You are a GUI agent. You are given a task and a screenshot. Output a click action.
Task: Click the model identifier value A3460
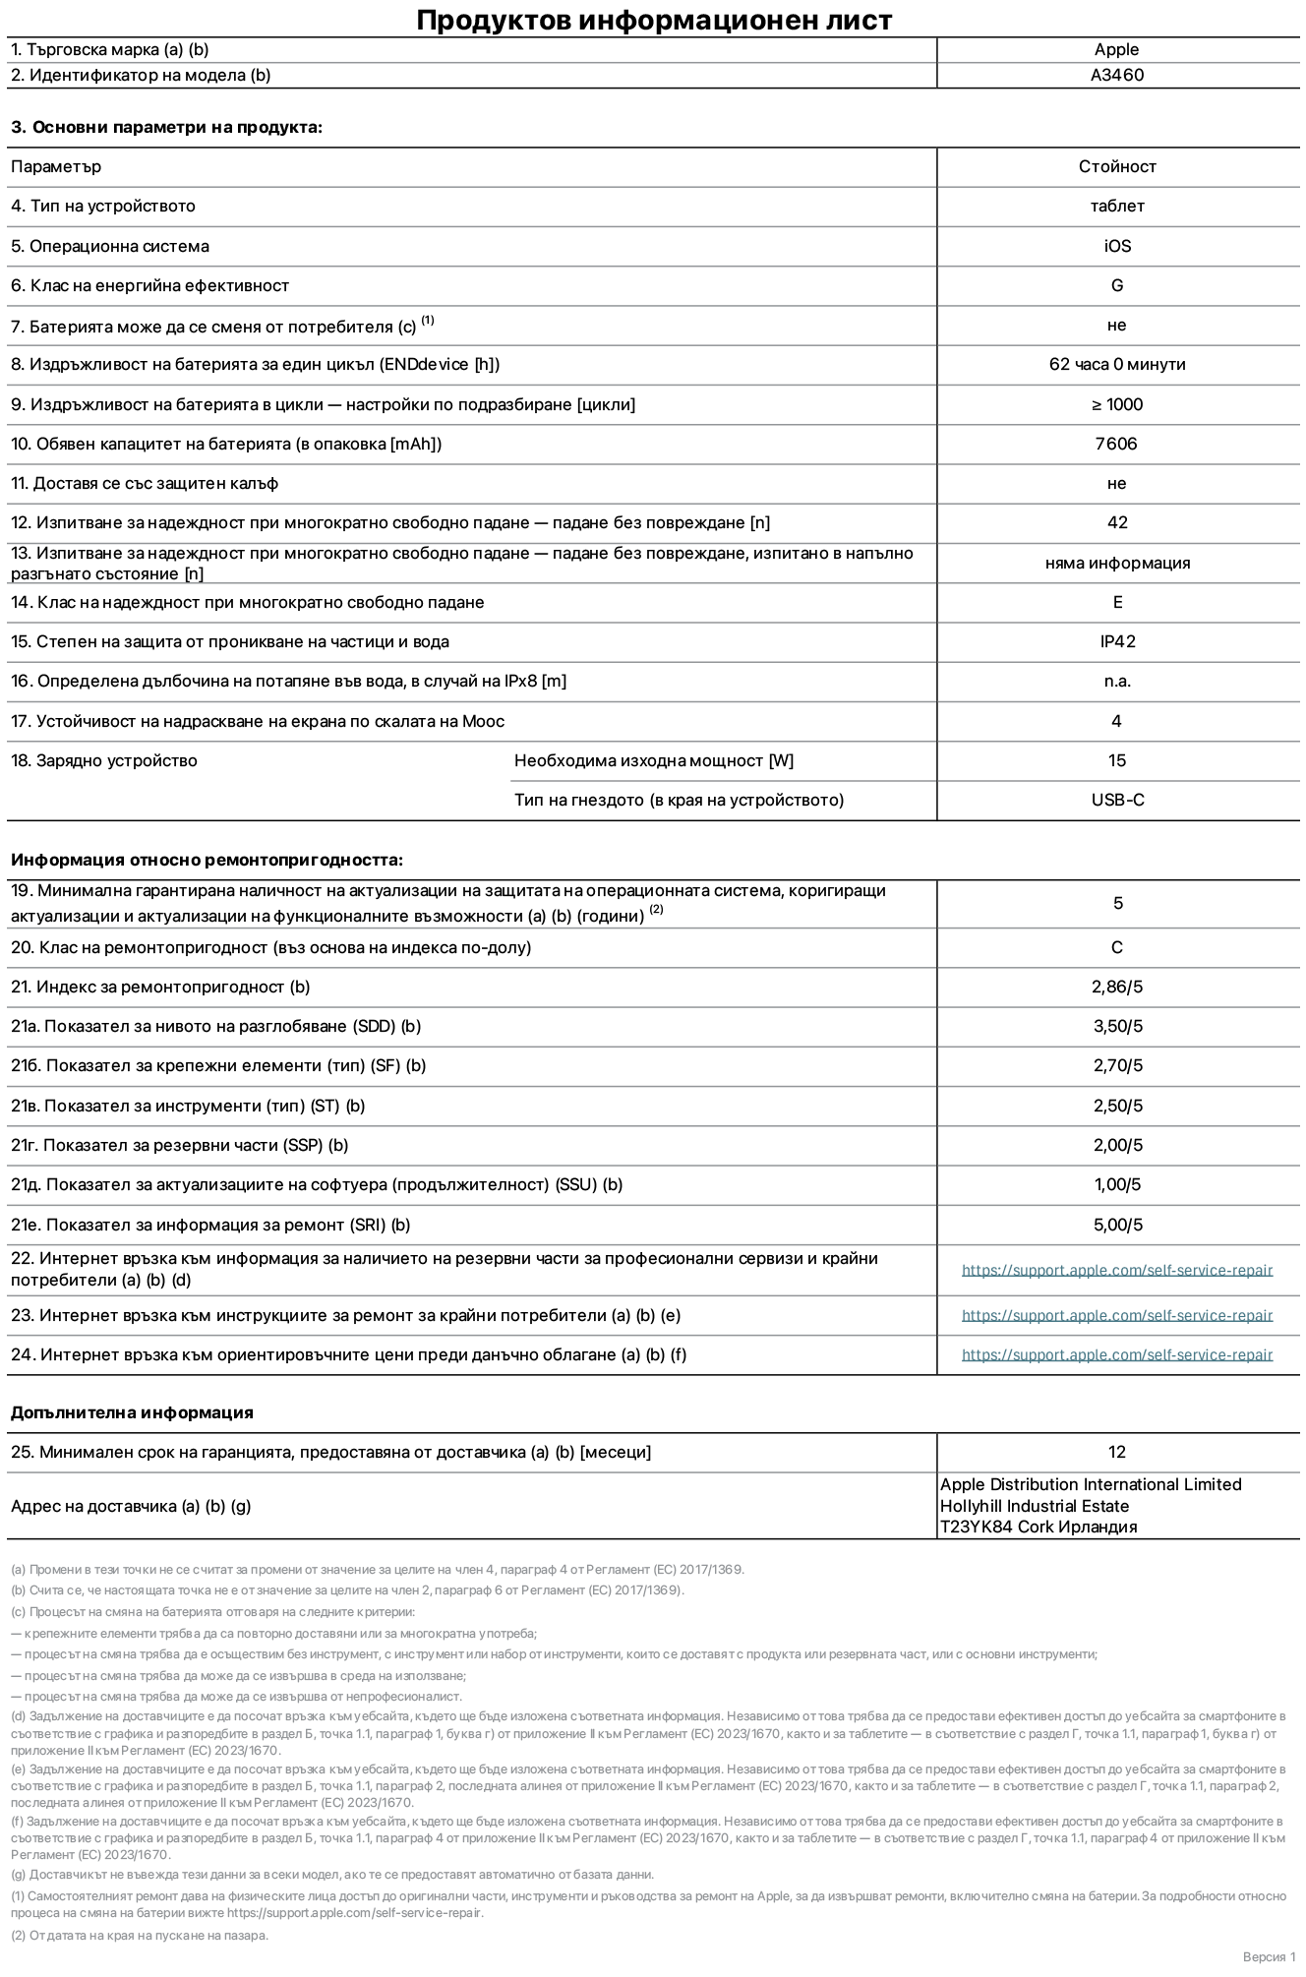tap(1116, 75)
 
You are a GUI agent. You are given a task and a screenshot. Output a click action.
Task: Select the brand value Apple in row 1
tap(1116, 49)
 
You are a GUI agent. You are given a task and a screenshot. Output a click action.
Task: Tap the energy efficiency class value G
tap(1116, 285)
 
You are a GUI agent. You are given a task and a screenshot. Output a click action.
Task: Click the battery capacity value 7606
tap(1116, 444)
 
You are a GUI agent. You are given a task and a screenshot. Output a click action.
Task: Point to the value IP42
tap(1117, 641)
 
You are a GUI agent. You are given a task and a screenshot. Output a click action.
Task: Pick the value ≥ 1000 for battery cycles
tap(1116, 404)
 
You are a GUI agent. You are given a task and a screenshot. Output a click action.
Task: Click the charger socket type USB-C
tap(1117, 800)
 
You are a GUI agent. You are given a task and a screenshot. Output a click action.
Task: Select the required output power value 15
tap(1116, 760)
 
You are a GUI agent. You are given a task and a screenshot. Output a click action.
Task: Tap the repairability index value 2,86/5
tap(1117, 987)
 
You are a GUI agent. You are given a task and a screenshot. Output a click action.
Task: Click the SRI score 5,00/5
tap(1117, 1225)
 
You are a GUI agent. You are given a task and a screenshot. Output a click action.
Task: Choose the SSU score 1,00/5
tap(1117, 1184)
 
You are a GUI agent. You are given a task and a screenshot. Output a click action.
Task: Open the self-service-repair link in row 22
tap(1116, 1270)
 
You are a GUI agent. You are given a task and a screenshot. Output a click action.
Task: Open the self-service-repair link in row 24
tap(1116, 1354)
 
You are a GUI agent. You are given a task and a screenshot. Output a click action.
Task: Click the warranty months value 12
tap(1116, 1452)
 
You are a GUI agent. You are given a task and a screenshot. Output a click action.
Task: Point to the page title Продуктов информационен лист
tap(654, 20)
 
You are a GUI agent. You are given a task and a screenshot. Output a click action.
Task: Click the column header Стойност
tap(1116, 166)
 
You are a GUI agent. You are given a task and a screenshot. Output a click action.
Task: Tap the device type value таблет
tap(1116, 206)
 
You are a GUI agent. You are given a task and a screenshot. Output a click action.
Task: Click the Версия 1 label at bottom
tap(1269, 1956)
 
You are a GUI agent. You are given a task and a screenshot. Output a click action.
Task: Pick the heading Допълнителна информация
tap(132, 1412)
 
